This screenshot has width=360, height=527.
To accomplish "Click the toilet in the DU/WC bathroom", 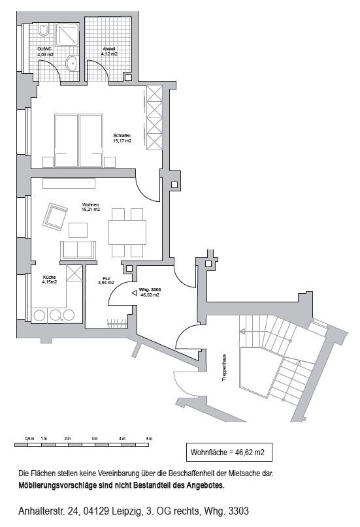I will [44, 31].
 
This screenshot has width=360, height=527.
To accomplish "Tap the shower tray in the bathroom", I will [67, 37].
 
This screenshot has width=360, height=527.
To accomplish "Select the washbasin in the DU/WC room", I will [73, 63].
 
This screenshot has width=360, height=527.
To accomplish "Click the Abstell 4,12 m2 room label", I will [109, 52].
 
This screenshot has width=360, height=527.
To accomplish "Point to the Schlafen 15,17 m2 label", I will [122, 138].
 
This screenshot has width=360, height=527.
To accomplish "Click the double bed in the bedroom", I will [78, 140].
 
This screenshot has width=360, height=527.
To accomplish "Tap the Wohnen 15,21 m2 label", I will [90, 207].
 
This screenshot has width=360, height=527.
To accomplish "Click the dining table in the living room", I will [127, 232].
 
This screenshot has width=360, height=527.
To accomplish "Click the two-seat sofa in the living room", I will [77, 249].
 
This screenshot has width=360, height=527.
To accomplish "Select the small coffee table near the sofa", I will [78, 230].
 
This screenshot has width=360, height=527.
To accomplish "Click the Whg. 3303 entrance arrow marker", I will [134, 292].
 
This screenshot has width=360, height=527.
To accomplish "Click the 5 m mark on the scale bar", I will [149, 438].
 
